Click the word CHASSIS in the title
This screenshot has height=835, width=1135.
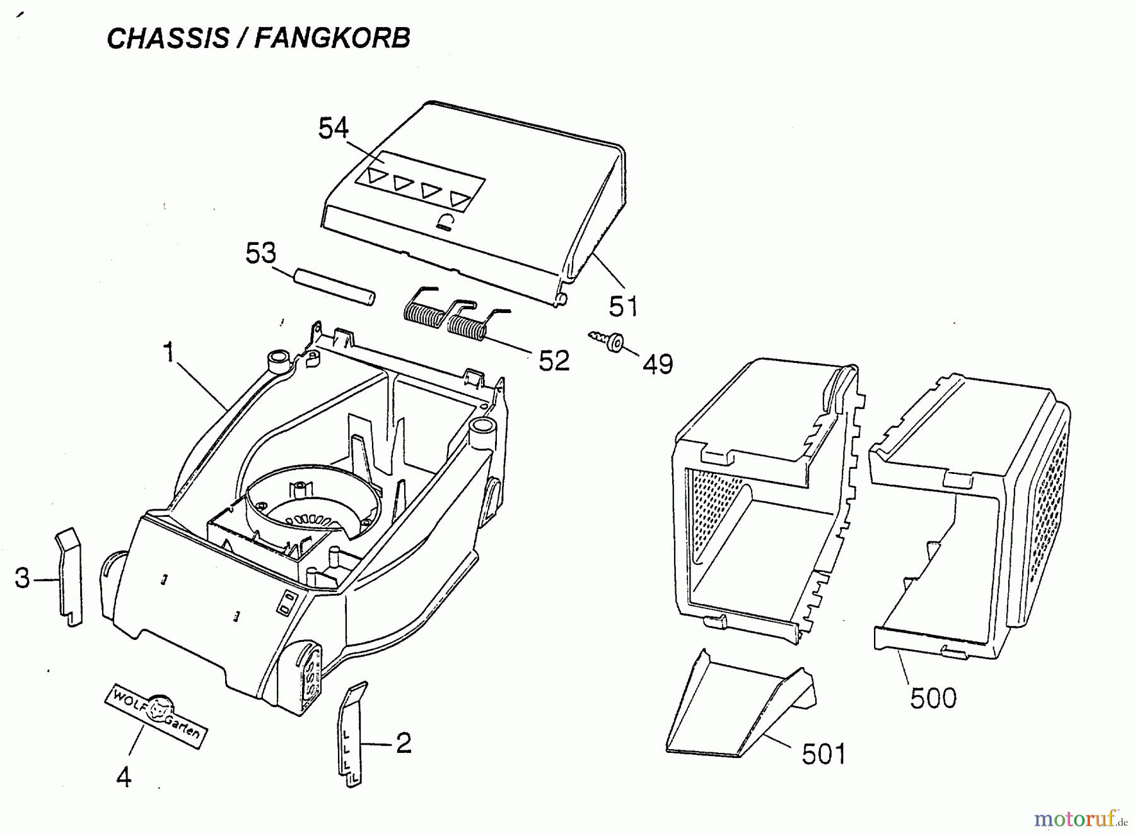click(168, 39)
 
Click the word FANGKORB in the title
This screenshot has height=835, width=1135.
click(332, 39)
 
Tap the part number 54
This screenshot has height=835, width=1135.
click(333, 129)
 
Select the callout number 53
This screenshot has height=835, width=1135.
click(260, 254)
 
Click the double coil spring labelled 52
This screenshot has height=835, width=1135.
click(444, 317)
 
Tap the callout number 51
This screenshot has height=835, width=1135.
click(624, 307)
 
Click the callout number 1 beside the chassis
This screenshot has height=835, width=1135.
click(168, 353)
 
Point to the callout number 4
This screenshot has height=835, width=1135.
click(124, 778)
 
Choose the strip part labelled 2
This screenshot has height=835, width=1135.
click(351, 735)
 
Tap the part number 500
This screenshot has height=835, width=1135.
click(933, 699)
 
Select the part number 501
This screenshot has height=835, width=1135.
click(824, 754)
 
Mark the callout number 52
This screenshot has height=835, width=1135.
click(554, 361)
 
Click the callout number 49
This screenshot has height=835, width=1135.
click(658, 364)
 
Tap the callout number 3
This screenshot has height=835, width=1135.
click(23, 578)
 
